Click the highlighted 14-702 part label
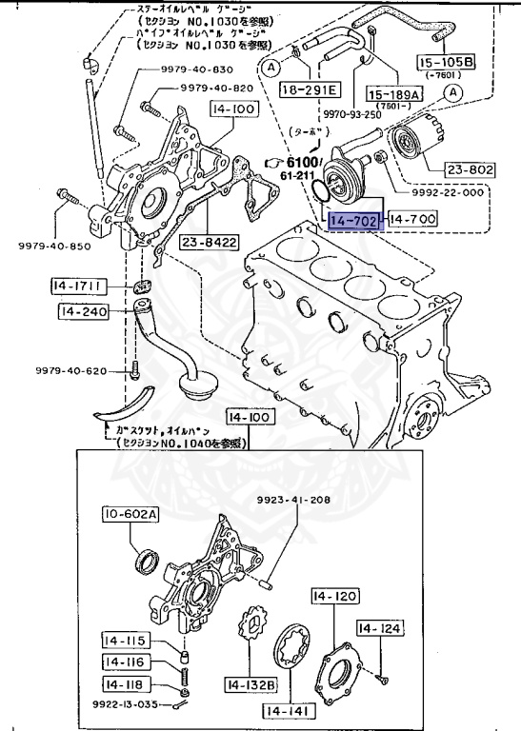click(355, 221)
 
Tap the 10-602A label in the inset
click(130, 515)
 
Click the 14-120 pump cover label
click(334, 597)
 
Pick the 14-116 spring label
click(124, 662)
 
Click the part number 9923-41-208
click(293, 500)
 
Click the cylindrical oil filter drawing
click(416, 139)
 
